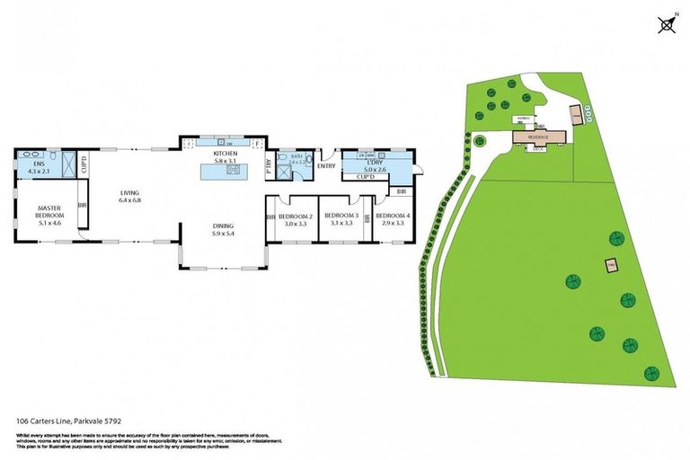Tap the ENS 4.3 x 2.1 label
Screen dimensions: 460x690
click(39, 168)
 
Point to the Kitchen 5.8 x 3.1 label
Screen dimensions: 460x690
click(225, 157)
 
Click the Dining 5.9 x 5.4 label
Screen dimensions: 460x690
click(224, 230)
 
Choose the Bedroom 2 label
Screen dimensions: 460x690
click(295, 220)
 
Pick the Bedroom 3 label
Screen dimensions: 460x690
click(341, 220)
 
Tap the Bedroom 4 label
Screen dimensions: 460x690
click(393, 220)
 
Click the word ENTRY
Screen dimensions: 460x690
click(325, 165)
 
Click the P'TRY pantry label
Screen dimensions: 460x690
click(269, 165)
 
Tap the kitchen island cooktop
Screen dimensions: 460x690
click(231, 169)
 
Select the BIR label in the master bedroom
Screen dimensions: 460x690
click(83, 206)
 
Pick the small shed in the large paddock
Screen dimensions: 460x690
click(612, 266)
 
